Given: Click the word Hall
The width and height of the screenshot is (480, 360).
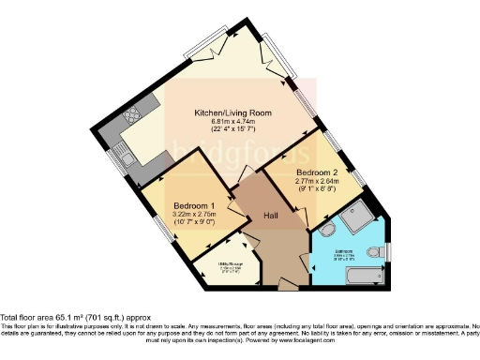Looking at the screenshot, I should click(x=268, y=215).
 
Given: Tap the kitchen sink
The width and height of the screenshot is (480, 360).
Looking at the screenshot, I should click(x=127, y=160).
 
